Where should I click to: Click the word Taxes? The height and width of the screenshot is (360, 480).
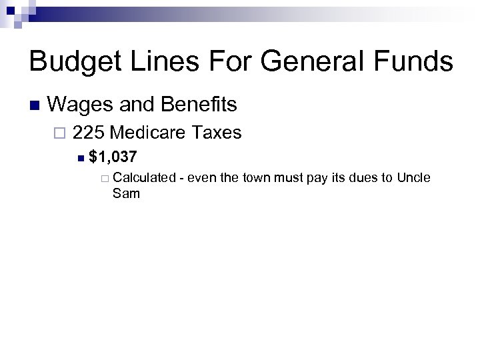point(216,133)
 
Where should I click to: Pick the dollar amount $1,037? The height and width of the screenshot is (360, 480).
point(113,158)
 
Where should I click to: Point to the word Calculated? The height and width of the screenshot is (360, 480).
point(144,178)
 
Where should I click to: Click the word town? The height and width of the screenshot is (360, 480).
point(261,178)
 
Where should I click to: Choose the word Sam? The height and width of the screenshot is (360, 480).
point(126,194)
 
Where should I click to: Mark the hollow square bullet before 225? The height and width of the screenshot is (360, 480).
point(61,133)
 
